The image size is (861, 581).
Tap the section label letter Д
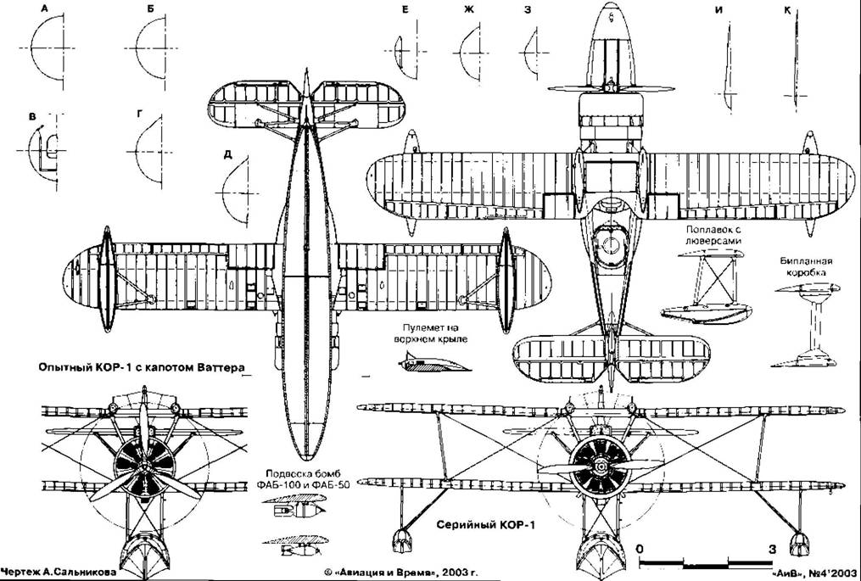[x=227, y=154]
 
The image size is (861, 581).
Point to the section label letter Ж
[x=467, y=9]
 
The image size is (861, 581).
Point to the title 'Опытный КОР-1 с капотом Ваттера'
[x=139, y=369]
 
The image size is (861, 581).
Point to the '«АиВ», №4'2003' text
[x=816, y=573]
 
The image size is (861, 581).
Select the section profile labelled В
[x=45, y=153]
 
